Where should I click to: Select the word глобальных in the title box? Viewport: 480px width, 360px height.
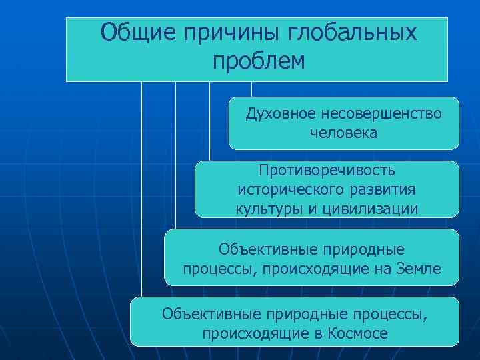click(353, 33)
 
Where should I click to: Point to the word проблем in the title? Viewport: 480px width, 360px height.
click(259, 61)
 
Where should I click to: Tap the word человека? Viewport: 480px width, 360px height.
click(343, 133)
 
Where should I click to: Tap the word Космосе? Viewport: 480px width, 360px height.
click(357, 333)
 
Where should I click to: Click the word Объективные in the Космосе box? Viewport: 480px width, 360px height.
click(211, 313)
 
